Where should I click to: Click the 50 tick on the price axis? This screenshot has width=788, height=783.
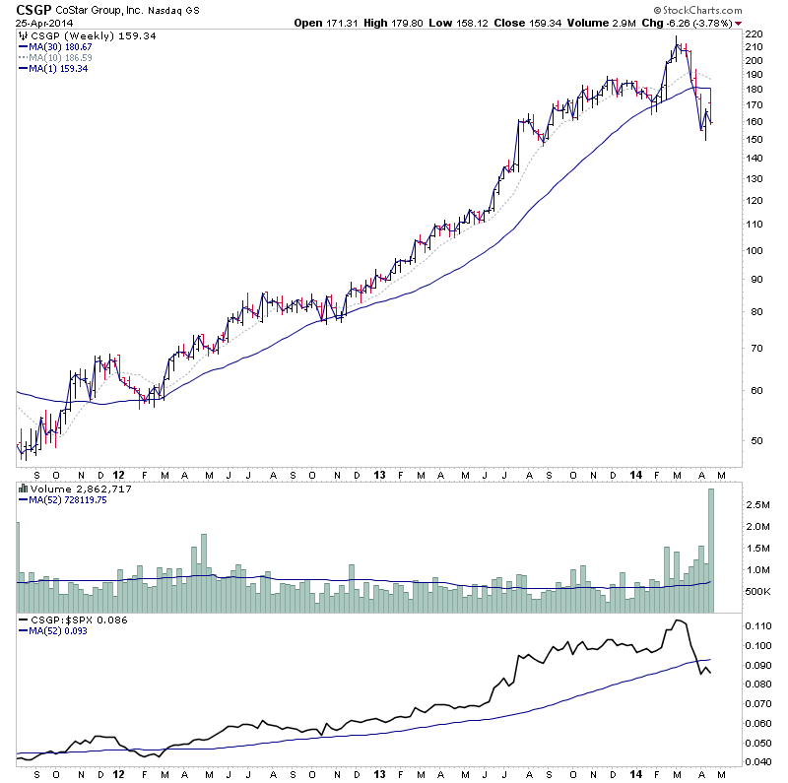point(754,440)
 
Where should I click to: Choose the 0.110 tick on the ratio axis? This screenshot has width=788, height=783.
point(760,626)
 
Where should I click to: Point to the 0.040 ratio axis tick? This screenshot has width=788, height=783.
point(760,761)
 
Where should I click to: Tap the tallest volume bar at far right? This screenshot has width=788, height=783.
point(711,551)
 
